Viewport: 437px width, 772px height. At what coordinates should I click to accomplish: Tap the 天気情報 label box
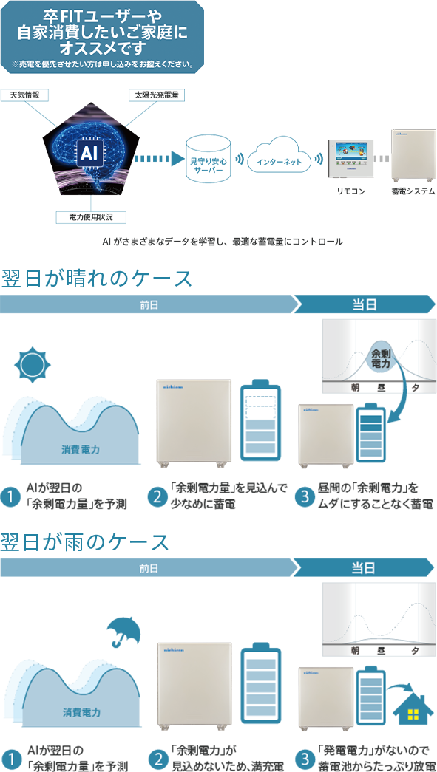point(25,94)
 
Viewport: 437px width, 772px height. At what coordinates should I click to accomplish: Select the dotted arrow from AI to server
point(156,159)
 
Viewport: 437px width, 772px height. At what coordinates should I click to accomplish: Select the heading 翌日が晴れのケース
point(97,279)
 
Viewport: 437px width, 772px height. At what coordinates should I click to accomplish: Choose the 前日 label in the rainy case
point(149,568)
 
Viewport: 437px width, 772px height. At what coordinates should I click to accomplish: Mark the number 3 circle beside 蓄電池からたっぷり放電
point(305,760)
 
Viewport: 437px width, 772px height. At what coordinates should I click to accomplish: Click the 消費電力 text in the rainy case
point(82,712)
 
